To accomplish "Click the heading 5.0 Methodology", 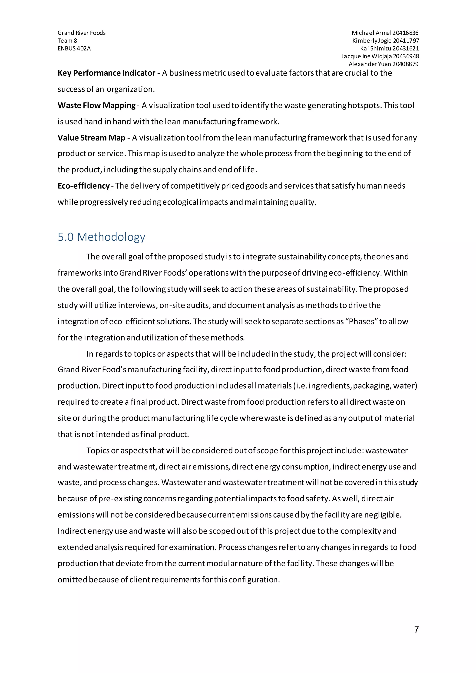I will point(101,237).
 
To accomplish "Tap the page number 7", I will point(416,629).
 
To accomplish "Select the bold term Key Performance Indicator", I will point(106,73).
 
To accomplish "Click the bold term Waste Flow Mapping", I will point(96,105).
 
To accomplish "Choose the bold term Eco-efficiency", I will point(83,186).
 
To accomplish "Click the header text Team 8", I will point(67,41).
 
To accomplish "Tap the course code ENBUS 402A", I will point(74,48).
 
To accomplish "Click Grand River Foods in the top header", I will point(82,33).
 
